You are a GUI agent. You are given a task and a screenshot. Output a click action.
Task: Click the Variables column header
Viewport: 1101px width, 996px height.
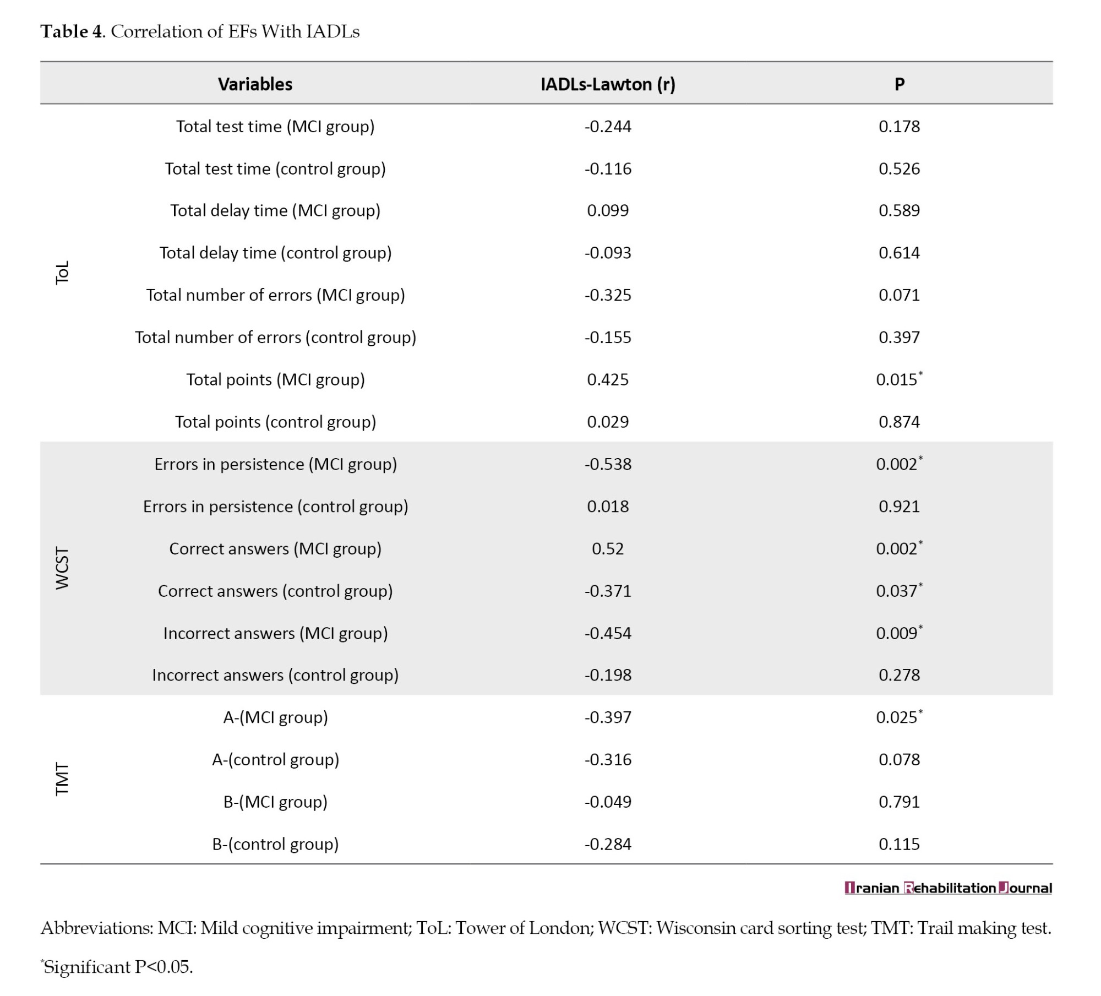tap(255, 84)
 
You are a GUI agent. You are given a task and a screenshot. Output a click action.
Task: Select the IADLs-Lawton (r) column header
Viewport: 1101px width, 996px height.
tap(608, 84)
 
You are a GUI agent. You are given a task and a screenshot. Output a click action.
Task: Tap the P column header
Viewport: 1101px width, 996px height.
tap(899, 84)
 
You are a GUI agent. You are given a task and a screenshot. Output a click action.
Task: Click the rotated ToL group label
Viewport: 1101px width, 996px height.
tap(63, 273)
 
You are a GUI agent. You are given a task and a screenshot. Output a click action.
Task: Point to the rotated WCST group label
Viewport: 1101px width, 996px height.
tap(63, 569)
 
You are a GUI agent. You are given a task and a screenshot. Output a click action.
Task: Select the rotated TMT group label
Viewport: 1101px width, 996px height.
tap(63, 780)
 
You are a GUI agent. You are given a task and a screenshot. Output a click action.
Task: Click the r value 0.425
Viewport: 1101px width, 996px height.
tap(608, 380)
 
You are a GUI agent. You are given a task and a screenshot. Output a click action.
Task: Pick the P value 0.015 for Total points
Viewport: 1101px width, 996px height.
tap(899, 379)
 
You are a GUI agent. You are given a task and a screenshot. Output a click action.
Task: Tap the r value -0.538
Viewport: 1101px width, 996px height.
tap(608, 464)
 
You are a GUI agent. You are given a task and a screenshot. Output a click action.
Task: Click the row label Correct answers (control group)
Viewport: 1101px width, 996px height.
tap(275, 591)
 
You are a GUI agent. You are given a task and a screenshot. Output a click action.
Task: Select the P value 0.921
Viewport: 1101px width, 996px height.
tap(899, 507)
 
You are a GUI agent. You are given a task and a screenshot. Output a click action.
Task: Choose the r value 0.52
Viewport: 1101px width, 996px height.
tap(608, 549)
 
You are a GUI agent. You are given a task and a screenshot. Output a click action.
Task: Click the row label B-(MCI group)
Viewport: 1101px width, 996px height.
tap(275, 802)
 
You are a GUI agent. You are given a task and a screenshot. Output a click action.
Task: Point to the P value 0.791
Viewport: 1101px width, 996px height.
tap(899, 802)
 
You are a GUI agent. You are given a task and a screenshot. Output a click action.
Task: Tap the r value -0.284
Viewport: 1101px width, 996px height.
tap(608, 844)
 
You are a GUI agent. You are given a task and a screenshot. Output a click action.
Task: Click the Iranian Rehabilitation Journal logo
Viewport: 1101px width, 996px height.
tap(948, 888)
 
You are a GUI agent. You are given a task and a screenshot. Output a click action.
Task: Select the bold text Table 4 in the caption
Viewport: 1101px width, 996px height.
tap(72, 31)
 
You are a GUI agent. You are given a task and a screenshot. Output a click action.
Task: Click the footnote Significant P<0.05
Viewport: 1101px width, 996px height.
tap(117, 967)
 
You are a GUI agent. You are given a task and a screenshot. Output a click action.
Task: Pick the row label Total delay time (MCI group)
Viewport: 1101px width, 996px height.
tap(275, 211)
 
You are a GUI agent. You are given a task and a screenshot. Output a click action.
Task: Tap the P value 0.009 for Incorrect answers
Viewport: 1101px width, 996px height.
tap(899, 633)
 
